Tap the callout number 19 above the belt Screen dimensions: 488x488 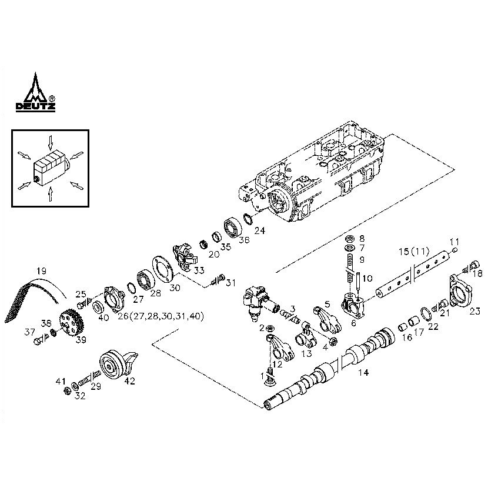[41, 271]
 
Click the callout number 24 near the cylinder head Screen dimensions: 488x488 [259, 231]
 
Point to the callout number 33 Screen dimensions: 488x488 [199, 270]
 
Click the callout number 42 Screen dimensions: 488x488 [129, 381]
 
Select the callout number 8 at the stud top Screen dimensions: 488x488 [362, 239]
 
